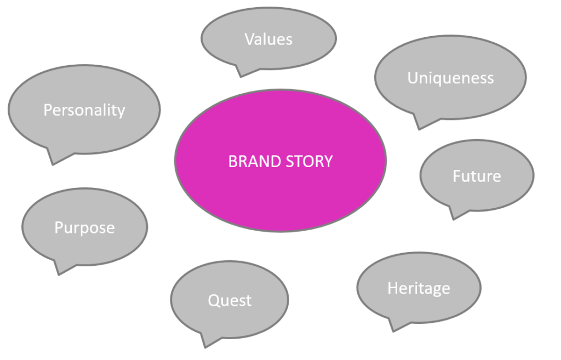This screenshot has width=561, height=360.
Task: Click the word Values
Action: click(268, 39)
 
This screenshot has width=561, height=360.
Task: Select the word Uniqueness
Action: click(450, 78)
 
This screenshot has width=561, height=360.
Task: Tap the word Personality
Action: click(84, 110)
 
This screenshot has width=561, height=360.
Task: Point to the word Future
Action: click(477, 176)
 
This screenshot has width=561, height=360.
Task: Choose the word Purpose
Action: click(84, 227)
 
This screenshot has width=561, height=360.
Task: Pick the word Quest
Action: click(230, 300)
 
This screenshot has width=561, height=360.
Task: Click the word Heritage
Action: click(419, 288)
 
